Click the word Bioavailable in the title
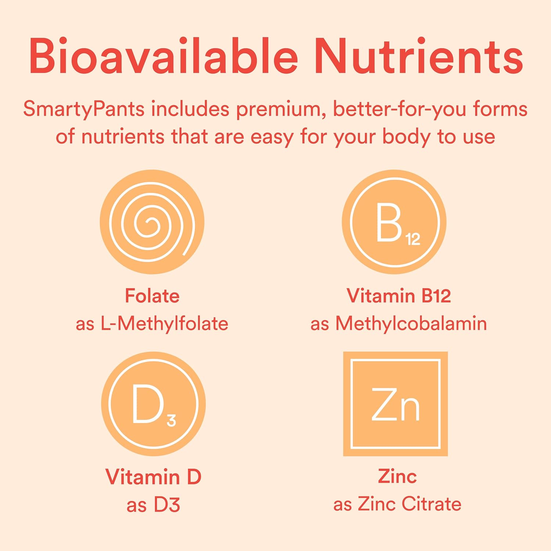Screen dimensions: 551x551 (163, 56)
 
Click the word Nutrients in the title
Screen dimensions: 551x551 (418, 56)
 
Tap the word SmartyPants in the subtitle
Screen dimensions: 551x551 (84, 109)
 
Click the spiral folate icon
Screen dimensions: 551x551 (152, 222)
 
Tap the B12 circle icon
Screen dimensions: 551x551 (395, 222)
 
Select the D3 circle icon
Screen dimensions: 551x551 (154, 404)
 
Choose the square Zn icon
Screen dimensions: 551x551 (396, 404)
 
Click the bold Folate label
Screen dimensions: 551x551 (152, 296)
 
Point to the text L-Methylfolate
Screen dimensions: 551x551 (164, 324)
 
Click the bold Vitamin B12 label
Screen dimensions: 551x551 (399, 296)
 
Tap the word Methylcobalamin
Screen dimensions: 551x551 (411, 324)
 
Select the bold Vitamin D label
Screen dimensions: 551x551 (154, 477)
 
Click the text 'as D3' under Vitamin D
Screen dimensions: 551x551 (154, 505)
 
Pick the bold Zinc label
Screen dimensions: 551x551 (397, 477)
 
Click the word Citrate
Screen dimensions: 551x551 (431, 504)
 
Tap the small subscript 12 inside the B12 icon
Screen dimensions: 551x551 (413, 239)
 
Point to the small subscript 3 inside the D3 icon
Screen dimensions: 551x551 (171, 420)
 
